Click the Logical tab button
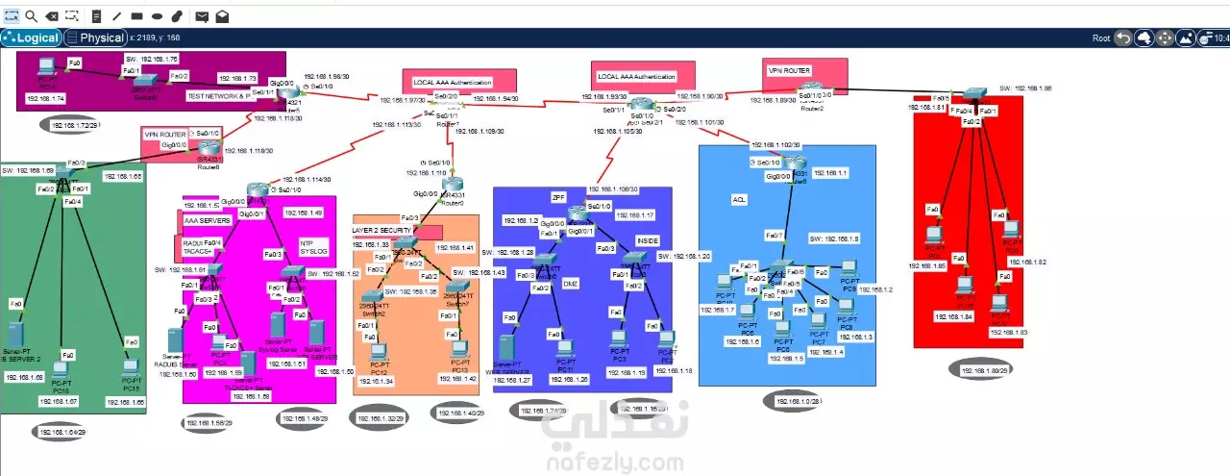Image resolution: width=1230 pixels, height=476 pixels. tap(32, 38)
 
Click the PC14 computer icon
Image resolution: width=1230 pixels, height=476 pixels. tap(45, 68)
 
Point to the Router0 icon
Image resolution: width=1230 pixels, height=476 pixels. tap(453, 185)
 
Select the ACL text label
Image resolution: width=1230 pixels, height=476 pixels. tap(739, 199)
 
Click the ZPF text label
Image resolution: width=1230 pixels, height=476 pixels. tap(558, 196)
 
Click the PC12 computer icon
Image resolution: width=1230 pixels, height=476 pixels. tap(379, 351)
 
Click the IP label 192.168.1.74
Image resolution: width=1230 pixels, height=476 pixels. tap(45, 99)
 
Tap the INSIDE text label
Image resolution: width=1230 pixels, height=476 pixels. tap(649, 239)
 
